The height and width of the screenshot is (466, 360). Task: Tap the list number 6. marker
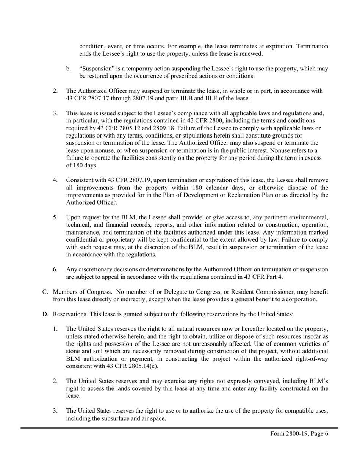click(55, 269)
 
